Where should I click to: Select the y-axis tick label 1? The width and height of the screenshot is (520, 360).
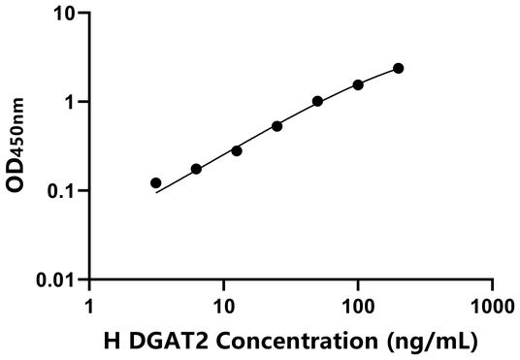(71, 102)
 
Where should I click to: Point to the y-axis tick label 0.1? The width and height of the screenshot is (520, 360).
(62, 191)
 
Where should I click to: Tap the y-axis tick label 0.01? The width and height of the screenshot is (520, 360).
(56, 279)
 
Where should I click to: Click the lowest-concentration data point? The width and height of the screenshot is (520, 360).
(156, 182)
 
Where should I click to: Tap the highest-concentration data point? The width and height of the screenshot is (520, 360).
(399, 68)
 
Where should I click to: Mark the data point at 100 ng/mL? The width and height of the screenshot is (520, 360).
(358, 84)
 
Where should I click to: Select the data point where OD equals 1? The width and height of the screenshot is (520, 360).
(317, 101)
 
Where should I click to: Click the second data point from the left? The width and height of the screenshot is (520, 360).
(196, 169)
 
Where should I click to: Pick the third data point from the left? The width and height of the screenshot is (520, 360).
(237, 150)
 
